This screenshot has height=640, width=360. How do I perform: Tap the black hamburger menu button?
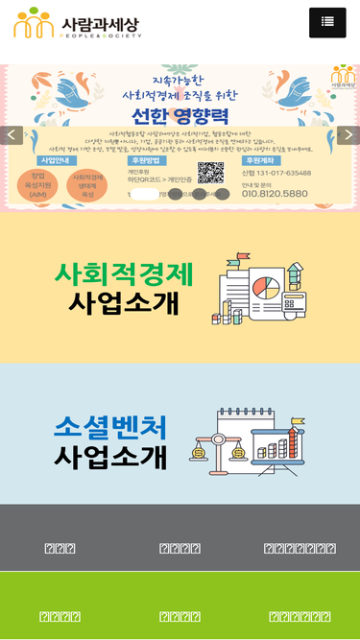327,23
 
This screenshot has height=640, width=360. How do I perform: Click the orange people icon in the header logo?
34,23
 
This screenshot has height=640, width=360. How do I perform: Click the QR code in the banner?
211,173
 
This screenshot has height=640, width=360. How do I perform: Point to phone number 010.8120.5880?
275,194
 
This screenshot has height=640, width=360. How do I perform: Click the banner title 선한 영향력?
180,113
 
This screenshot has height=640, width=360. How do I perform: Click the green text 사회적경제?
125,273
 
